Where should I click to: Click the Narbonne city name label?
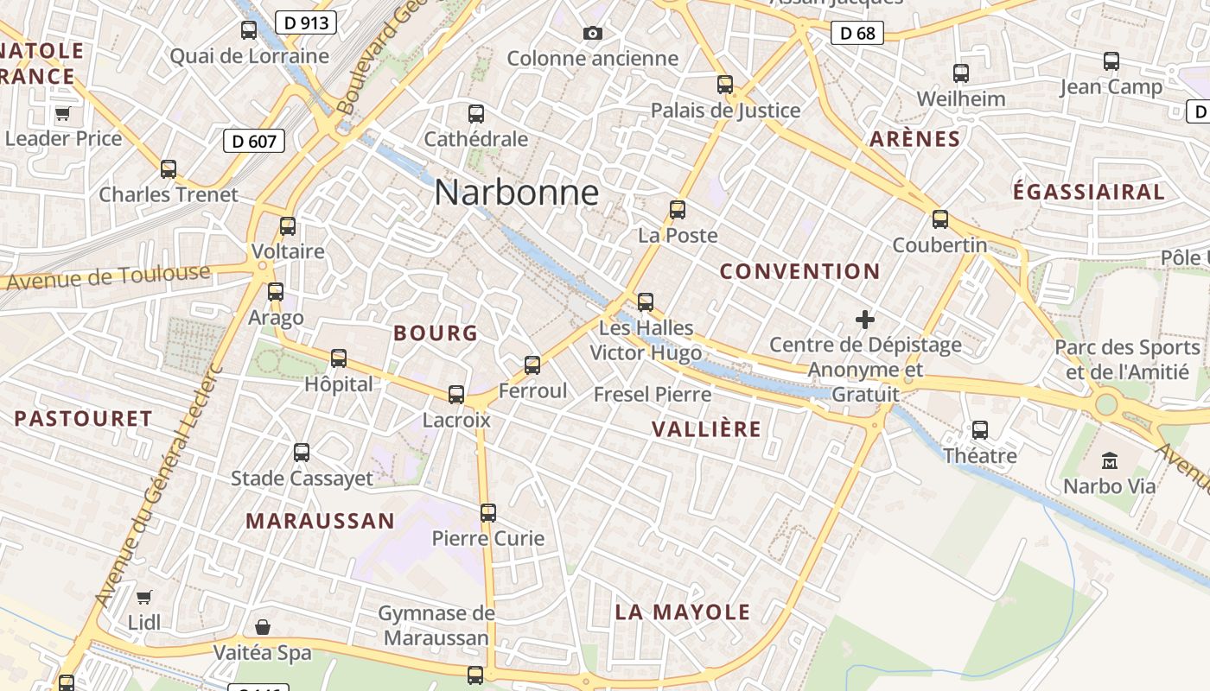(516, 192)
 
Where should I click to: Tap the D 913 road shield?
(306, 22)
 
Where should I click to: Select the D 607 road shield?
(254, 140)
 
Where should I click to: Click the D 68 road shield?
(857, 34)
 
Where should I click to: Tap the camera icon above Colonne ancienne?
(592, 33)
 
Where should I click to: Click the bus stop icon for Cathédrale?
(475, 113)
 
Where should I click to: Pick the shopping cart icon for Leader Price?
(62, 113)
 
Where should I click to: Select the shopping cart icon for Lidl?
(143, 597)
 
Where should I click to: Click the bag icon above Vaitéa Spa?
(263, 627)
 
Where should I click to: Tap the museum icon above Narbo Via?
(1110, 460)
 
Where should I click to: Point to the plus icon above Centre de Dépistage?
(864, 320)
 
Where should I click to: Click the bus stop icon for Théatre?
(979, 429)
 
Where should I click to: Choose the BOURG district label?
(436, 333)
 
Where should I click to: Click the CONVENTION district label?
(799, 271)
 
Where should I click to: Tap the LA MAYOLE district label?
(683, 612)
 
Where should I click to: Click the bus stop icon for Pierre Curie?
(488, 513)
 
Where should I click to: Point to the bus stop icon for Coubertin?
(940, 219)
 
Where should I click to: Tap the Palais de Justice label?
(725, 111)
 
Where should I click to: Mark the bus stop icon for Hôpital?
(339, 358)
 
